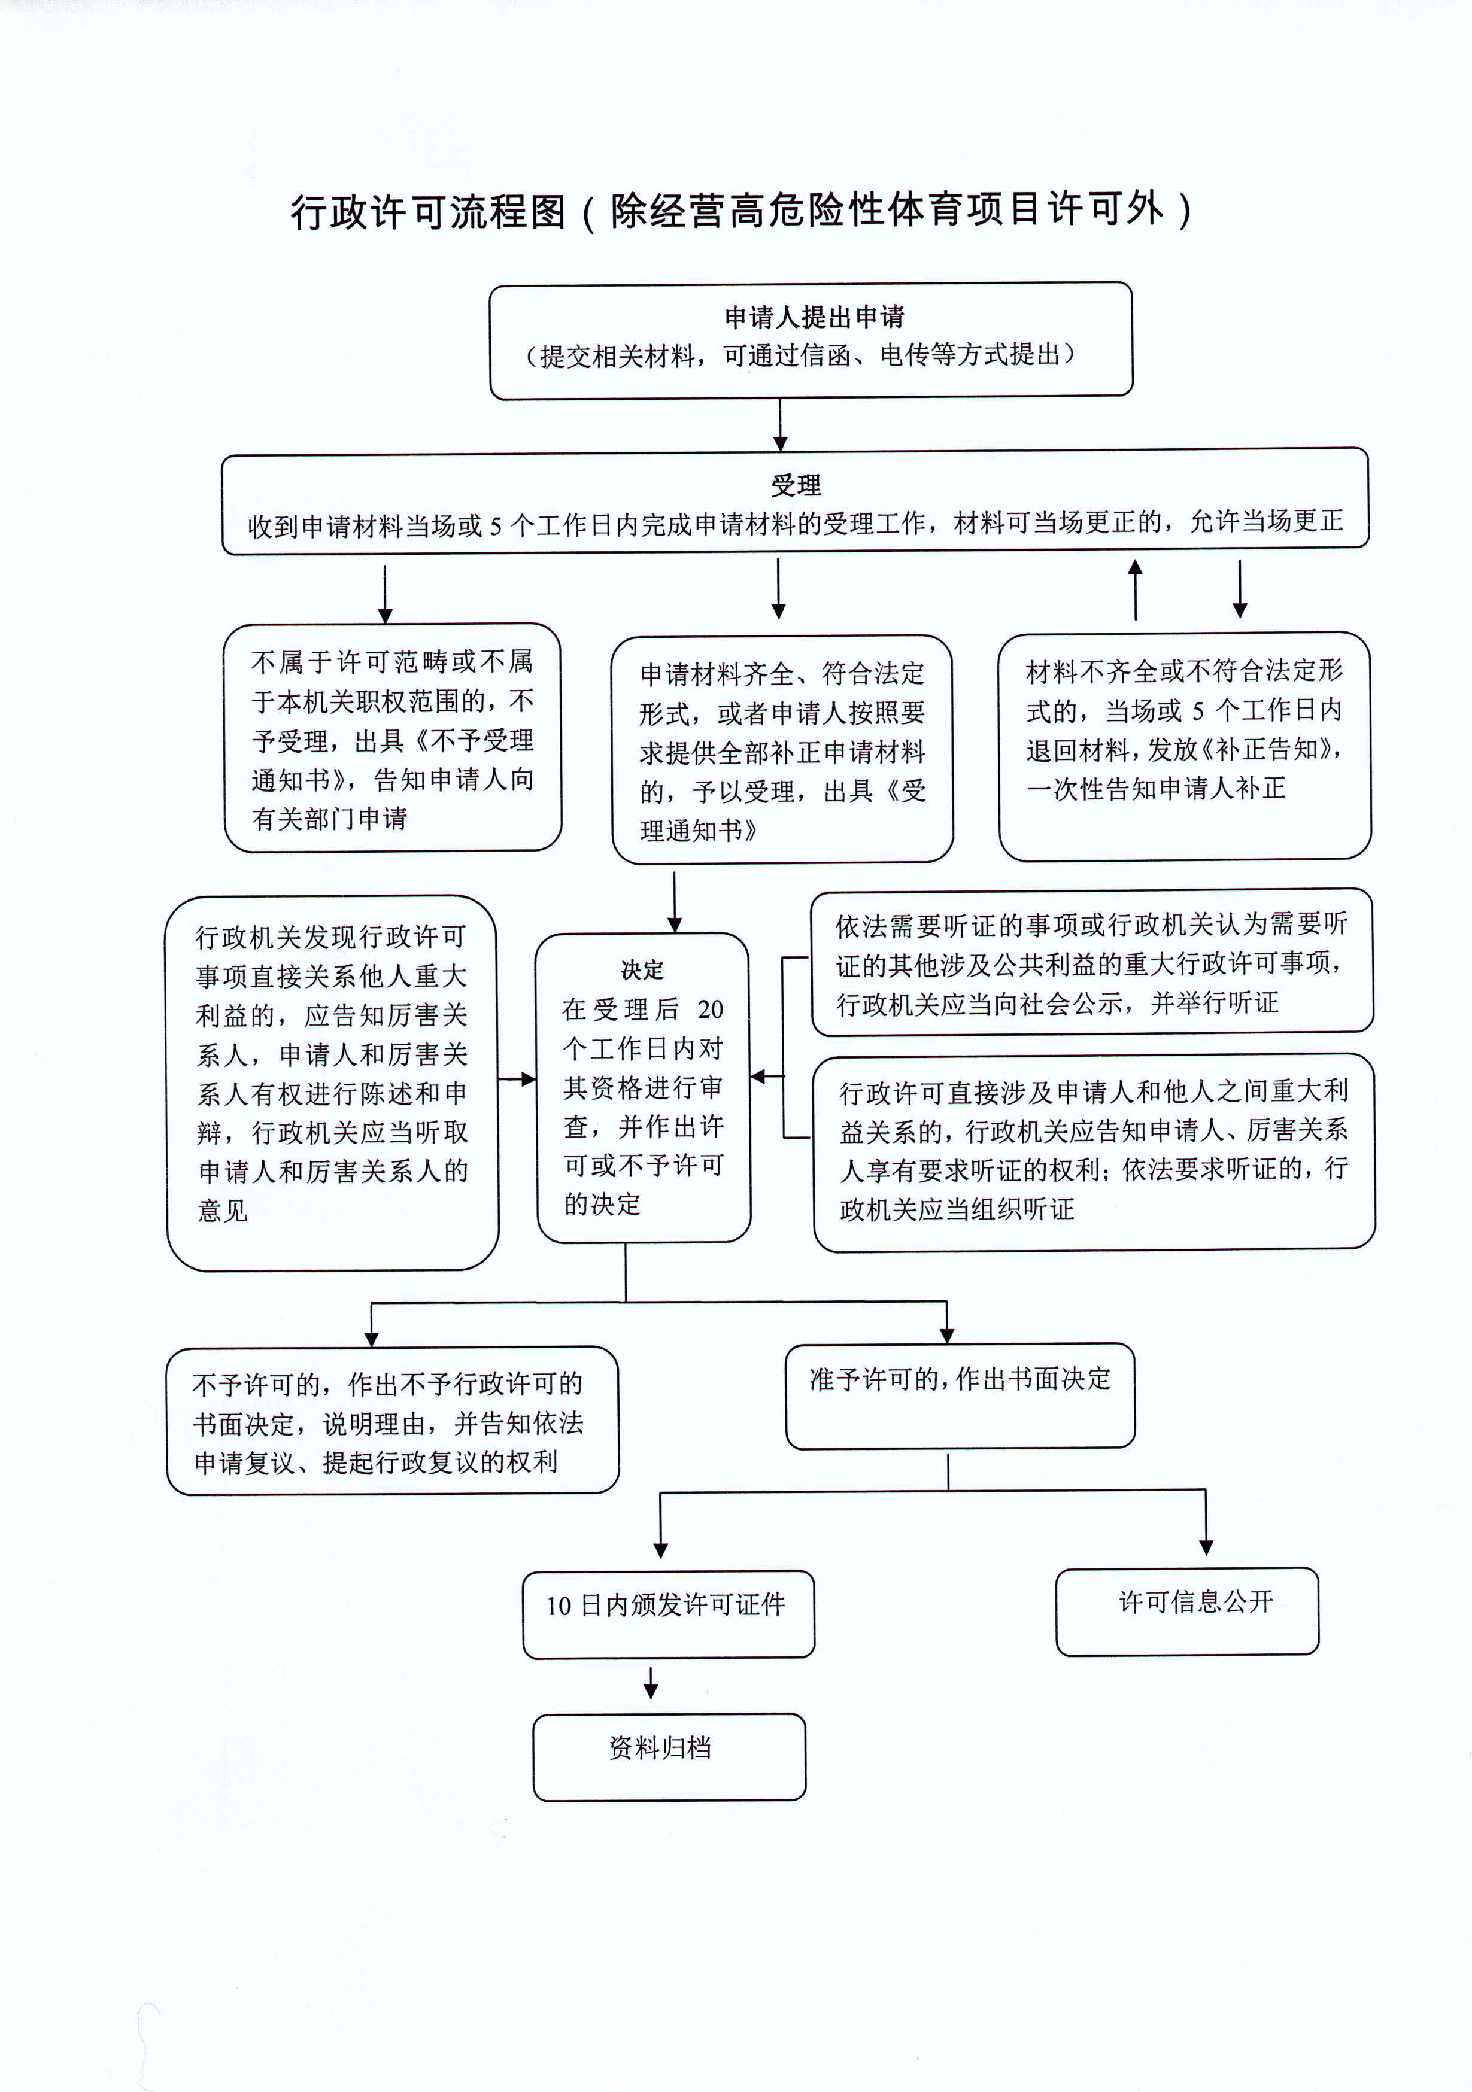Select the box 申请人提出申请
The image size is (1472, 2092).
click(x=811, y=340)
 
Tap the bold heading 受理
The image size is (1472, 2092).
click(x=796, y=485)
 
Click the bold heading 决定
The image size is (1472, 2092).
click(x=642, y=969)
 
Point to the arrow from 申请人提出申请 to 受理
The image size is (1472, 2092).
click(x=780, y=425)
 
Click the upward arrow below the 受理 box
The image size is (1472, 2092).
click(x=1135, y=589)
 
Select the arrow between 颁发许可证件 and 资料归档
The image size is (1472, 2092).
click(x=651, y=1682)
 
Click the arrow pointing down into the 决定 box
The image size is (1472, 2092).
click(x=675, y=902)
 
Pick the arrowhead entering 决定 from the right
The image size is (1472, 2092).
click(x=757, y=1076)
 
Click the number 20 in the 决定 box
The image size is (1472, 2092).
click(x=710, y=1009)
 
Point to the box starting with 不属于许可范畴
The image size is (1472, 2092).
click(x=393, y=737)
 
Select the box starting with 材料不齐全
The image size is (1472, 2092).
click(x=1185, y=746)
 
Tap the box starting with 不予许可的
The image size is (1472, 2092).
click(x=393, y=1421)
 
